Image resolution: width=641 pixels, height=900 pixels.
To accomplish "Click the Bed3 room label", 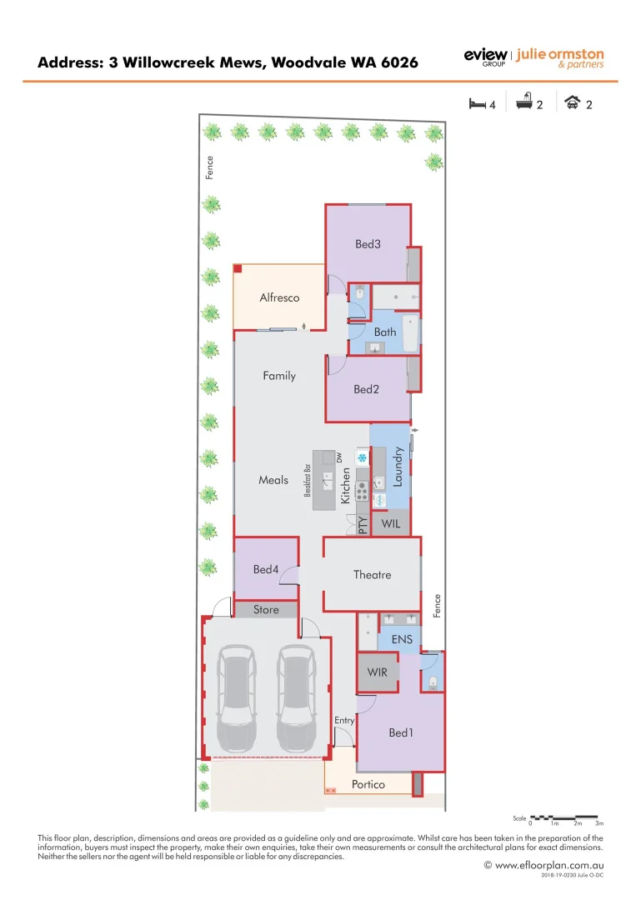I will [368, 244].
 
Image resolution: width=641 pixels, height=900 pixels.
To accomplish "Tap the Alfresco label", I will [279, 297].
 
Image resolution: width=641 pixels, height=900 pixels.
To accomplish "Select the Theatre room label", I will [372, 574].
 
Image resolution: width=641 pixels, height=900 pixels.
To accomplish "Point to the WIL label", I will [391, 524].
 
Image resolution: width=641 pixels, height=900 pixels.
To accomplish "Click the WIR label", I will [378, 672].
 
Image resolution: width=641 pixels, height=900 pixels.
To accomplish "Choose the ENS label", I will [402, 640].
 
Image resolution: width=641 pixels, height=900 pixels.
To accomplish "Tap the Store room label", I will [266, 610].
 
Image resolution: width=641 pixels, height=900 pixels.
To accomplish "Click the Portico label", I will [368, 784].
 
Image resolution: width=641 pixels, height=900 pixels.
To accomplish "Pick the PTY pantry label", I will [363, 525].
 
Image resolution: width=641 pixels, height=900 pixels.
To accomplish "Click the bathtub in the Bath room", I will [411, 333].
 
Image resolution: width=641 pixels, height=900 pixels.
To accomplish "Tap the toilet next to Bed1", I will [432, 682].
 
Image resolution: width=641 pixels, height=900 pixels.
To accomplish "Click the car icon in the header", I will [573, 104].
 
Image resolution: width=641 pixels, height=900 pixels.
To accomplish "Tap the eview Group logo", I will [484, 57].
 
